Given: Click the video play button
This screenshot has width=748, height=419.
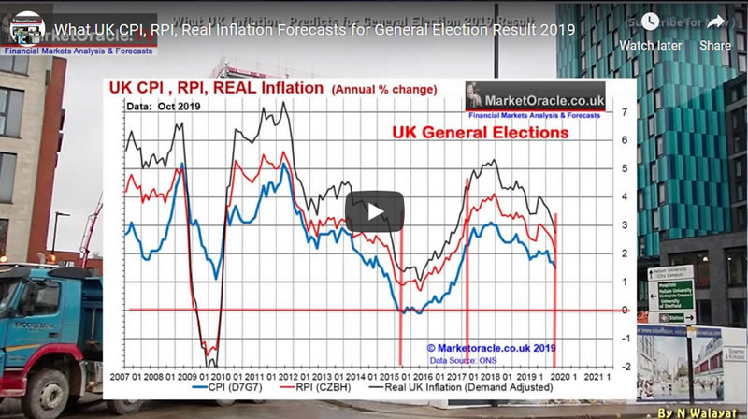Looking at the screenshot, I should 374,210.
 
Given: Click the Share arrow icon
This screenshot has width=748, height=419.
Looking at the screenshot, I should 715,22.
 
